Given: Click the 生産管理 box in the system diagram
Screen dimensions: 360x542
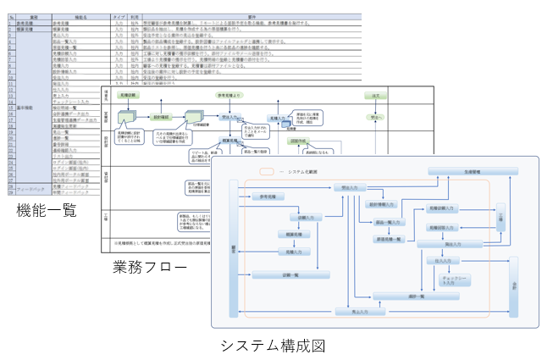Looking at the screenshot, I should [x=472, y=171].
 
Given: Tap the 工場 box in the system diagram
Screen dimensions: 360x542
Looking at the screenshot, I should [x=501, y=218].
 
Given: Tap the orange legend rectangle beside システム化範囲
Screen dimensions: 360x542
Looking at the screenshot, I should [x=266, y=172].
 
